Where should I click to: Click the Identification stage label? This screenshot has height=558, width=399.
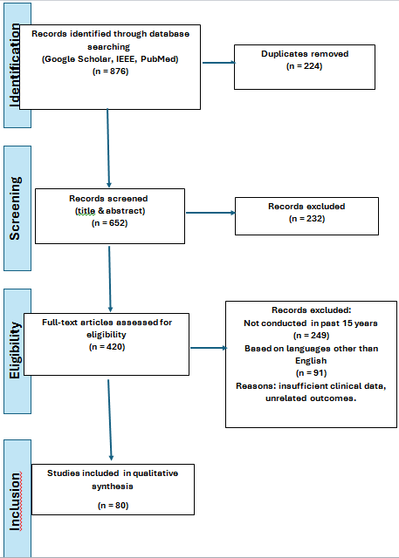(x=16, y=66)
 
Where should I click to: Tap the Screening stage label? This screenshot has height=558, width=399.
(x=16, y=208)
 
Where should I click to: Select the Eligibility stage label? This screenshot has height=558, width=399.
(x=16, y=350)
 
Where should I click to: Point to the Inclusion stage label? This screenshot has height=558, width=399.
(x=16, y=502)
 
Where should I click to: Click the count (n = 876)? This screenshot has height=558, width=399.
(x=110, y=71)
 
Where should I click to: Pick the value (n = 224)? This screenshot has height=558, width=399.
(x=304, y=66)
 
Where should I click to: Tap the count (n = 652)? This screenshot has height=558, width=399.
(x=109, y=223)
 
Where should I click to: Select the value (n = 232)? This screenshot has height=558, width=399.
(x=306, y=219)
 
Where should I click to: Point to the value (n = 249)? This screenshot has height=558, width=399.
(x=311, y=335)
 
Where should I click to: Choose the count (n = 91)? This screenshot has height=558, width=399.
(x=311, y=373)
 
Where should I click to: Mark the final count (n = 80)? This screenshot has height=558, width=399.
(x=113, y=506)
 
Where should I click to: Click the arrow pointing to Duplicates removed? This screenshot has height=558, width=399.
(x=219, y=63)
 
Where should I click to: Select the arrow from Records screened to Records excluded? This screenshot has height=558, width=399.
(x=210, y=213)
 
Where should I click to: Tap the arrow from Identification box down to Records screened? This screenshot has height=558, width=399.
(x=108, y=148)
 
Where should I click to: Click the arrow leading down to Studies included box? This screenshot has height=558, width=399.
(x=109, y=420)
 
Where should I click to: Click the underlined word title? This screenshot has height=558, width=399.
(x=86, y=211)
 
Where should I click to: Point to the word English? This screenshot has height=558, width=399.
(x=311, y=360)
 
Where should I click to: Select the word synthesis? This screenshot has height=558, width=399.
(x=113, y=487)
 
